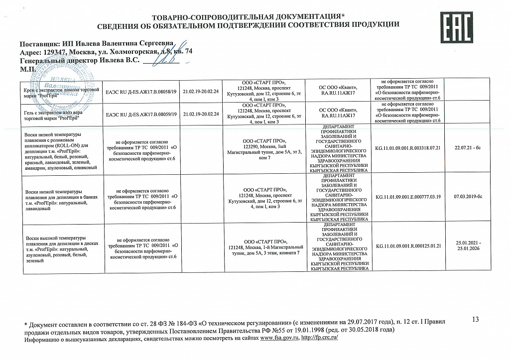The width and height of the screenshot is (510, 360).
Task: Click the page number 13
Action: (474, 319)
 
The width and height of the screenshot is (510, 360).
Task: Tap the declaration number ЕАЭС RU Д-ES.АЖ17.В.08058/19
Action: (141, 92)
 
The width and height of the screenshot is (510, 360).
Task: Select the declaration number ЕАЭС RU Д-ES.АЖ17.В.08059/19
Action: (141, 114)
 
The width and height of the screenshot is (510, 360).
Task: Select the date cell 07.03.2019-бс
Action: (468, 197)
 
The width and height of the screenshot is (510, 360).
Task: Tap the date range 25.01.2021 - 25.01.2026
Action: (468, 245)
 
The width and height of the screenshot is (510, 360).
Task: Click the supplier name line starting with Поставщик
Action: (97, 44)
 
